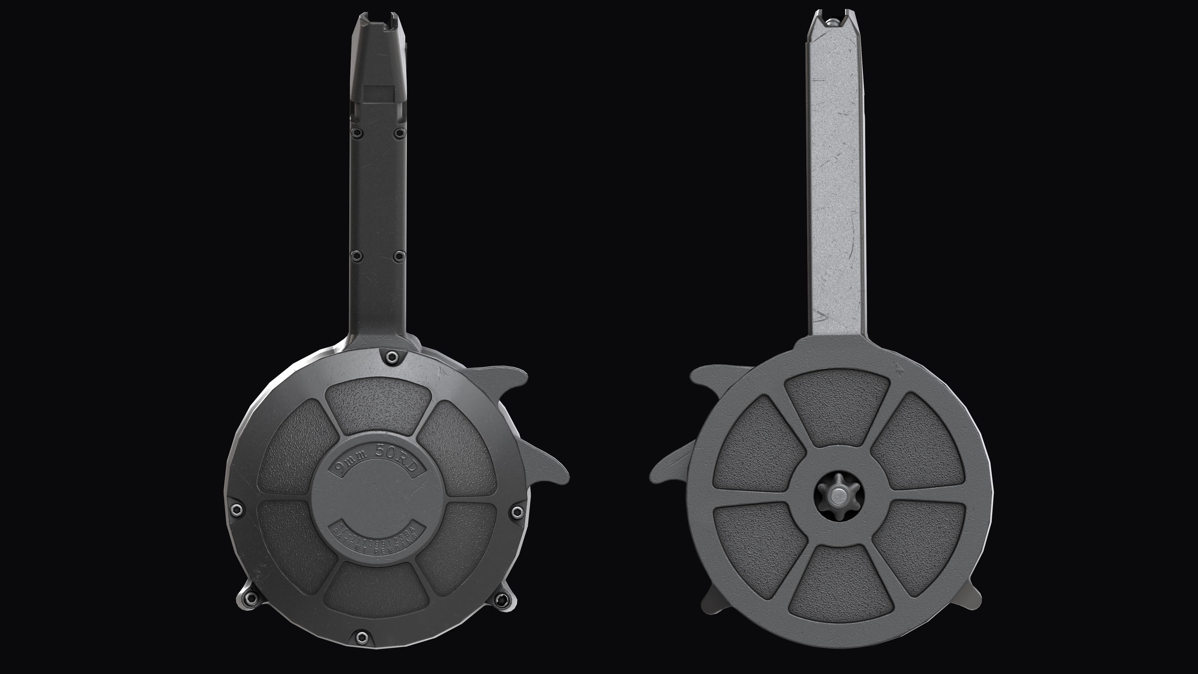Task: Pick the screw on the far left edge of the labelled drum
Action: point(236,510)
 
